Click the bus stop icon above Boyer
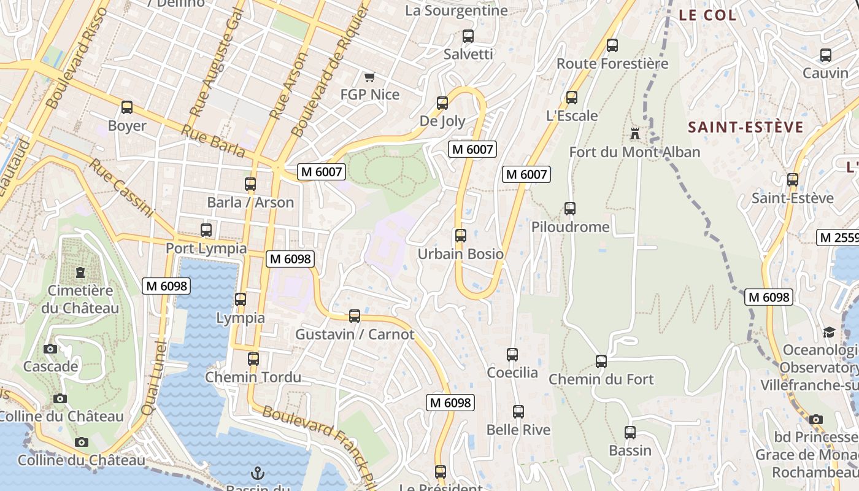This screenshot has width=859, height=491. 127,107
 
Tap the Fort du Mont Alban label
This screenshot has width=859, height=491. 634,152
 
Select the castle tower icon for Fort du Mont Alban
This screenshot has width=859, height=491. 634,133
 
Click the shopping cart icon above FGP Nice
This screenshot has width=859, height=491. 369,77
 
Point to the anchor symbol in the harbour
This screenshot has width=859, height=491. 258,473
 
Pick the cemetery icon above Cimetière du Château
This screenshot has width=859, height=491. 80,272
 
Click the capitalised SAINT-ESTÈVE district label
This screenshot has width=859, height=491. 745,127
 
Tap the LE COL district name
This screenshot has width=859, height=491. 707,15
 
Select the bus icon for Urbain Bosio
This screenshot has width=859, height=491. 461,235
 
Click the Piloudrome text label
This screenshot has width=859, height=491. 571,227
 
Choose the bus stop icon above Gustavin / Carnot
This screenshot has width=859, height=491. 355,316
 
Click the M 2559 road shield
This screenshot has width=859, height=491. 838,238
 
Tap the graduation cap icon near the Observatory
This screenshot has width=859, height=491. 829,332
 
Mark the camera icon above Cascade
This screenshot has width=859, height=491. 50,349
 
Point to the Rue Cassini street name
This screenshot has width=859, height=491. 121,188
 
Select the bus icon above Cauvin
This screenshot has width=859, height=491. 826,55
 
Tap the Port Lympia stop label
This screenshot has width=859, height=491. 206,249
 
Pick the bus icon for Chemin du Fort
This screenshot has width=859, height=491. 601,361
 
